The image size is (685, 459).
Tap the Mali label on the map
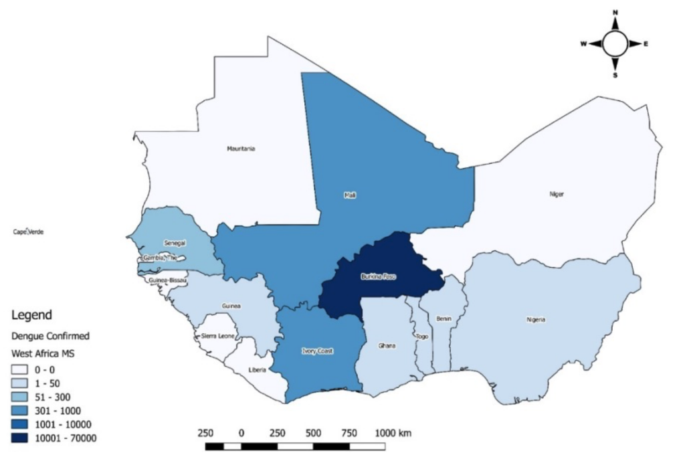(349, 195)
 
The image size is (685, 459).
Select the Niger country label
(557, 194)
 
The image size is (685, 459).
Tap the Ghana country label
(387, 346)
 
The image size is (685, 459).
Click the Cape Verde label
(28, 232)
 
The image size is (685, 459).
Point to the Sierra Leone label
(218, 336)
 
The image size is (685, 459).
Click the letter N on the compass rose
(615, 12)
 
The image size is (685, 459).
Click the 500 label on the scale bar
(313, 433)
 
